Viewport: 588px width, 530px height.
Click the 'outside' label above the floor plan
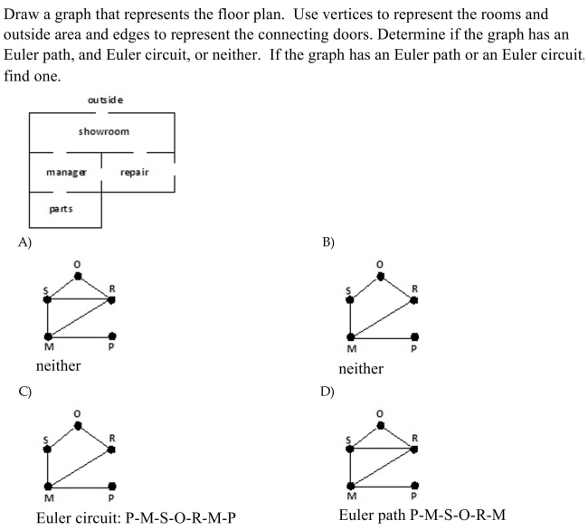tap(105, 100)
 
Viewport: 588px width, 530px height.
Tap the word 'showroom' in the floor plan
tap(104, 131)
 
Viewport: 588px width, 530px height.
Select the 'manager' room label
tap(66, 173)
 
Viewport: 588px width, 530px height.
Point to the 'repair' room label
tap(134, 173)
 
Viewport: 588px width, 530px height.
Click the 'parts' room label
tap(61, 209)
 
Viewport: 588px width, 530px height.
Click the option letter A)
tap(25, 242)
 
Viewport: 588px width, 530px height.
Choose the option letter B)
tap(328, 242)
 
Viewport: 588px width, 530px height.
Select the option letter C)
tap(25, 392)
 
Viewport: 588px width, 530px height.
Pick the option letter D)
tap(327, 392)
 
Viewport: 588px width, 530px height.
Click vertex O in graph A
tap(78, 276)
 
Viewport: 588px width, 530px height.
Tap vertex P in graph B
tap(414, 337)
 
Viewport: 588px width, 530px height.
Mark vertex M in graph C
tap(48, 487)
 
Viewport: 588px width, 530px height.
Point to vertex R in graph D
tap(414, 449)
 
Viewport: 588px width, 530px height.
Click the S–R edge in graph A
tap(80, 299)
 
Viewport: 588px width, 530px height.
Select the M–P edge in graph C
tap(80, 487)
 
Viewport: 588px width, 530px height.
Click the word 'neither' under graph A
tap(58, 365)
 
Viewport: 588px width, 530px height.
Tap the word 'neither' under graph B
tap(361, 369)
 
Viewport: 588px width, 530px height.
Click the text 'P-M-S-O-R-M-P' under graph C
tap(180, 518)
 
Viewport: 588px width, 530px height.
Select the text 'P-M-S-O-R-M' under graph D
tap(458, 515)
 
